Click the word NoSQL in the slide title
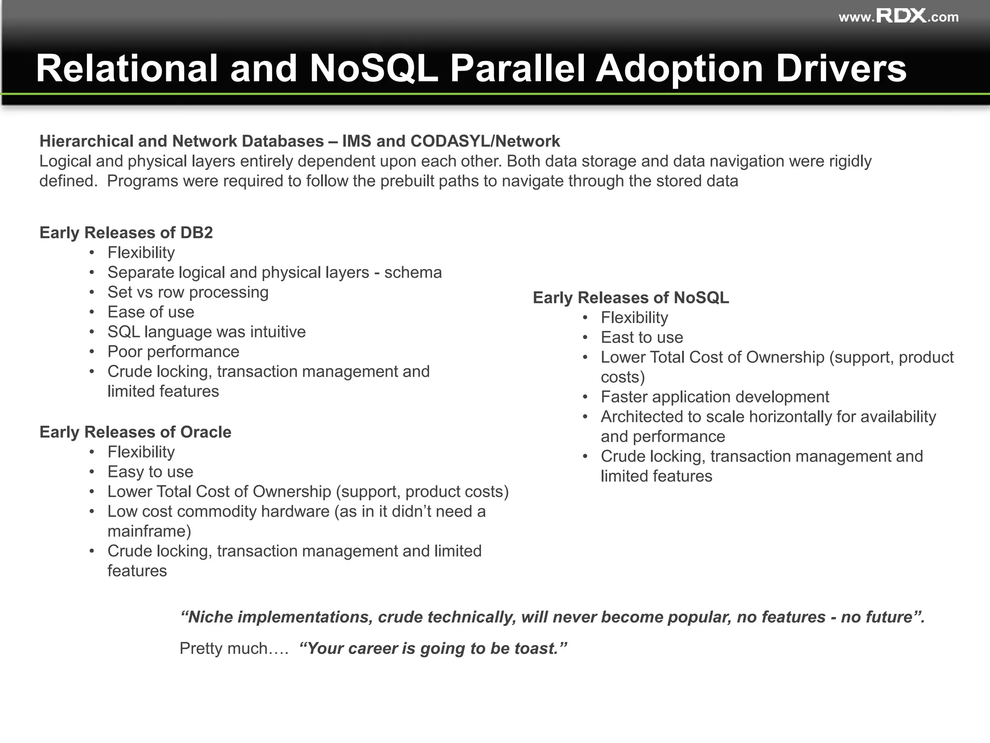tap(373, 68)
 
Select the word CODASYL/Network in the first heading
tap(485, 141)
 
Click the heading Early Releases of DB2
tap(126, 233)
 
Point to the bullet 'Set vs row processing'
tap(188, 292)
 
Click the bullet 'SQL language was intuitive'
tap(206, 332)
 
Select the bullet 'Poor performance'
tap(173, 352)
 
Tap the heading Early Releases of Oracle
tap(135, 432)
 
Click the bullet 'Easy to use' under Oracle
tap(150, 472)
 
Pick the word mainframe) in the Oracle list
tap(149, 531)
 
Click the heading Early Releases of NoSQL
tap(631, 297)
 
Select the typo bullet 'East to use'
tap(641, 337)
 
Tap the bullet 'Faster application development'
tap(714, 397)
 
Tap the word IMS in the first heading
tap(357, 141)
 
